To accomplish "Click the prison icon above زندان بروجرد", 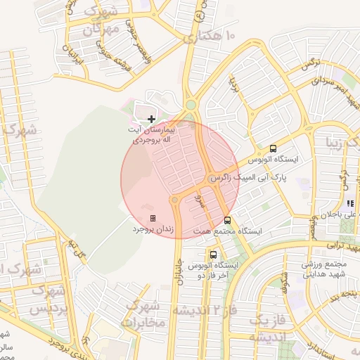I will pos(153,219).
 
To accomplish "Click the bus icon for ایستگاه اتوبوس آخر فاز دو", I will pos(213,255).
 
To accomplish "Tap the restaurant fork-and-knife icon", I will pos(351,204).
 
